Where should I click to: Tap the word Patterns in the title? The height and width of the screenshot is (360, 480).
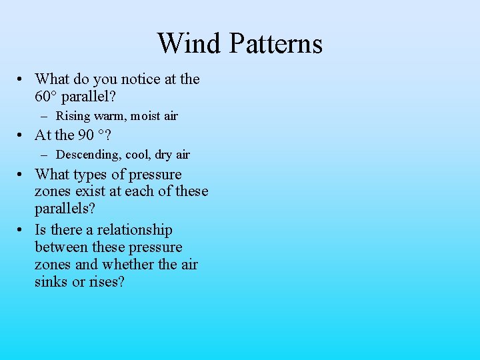click(275, 43)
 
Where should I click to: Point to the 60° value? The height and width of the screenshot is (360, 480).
click(46, 97)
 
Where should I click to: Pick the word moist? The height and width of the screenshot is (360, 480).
click(147, 117)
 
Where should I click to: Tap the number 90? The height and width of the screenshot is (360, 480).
click(86, 135)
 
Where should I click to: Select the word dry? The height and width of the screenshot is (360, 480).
click(163, 155)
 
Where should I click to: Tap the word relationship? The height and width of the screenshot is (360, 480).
click(135, 231)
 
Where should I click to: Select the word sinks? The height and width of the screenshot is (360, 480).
click(51, 282)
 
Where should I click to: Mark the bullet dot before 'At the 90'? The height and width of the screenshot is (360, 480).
click(22, 135)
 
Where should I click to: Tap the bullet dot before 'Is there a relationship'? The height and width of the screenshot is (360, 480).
click(22, 230)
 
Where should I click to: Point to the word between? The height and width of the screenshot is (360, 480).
click(61, 247)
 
